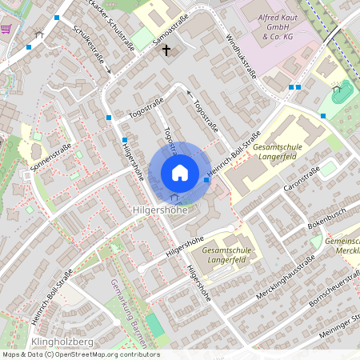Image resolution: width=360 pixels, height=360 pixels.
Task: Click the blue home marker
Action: click(x=179, y=173)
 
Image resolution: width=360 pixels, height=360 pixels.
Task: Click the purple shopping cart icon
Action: click(x=6, y=28)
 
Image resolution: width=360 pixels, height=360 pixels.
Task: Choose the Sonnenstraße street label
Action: click(x=50, y=158)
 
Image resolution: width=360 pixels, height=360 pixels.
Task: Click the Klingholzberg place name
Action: click(x=62, y=342)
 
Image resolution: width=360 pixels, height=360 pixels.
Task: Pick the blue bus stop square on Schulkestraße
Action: click(x=109, y=118)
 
